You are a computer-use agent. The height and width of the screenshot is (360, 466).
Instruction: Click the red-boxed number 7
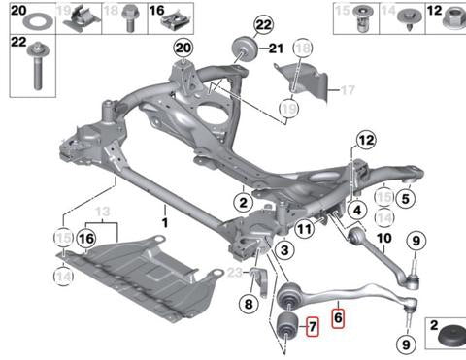[313, 326]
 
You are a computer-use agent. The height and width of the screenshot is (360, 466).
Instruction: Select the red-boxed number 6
[338, 318]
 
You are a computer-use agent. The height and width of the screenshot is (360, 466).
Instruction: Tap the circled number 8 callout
[249, 304]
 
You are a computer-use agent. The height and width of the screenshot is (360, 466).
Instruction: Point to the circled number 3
[284, 249]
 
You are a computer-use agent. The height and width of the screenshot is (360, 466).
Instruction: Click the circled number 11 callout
[304, 229]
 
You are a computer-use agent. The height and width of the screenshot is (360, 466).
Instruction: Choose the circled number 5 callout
[406, 198]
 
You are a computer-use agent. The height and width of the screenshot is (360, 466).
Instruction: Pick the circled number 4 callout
[357, 211]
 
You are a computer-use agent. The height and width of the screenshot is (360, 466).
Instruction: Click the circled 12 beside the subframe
[366, 140]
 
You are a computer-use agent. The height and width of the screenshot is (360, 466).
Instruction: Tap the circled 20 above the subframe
[183, 48]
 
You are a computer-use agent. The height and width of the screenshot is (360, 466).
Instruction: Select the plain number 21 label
[276, 49]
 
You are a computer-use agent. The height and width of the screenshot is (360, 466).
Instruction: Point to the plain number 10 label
[384, 239]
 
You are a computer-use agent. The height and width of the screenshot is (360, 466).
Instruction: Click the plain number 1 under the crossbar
[165, 223]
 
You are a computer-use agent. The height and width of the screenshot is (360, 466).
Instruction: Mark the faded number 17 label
[348, 90]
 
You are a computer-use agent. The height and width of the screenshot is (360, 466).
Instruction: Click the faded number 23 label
[235, 273]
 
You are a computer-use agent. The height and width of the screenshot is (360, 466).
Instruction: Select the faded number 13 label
[103, 212]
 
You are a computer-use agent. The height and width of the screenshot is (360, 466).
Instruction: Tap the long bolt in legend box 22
[38, 67]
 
